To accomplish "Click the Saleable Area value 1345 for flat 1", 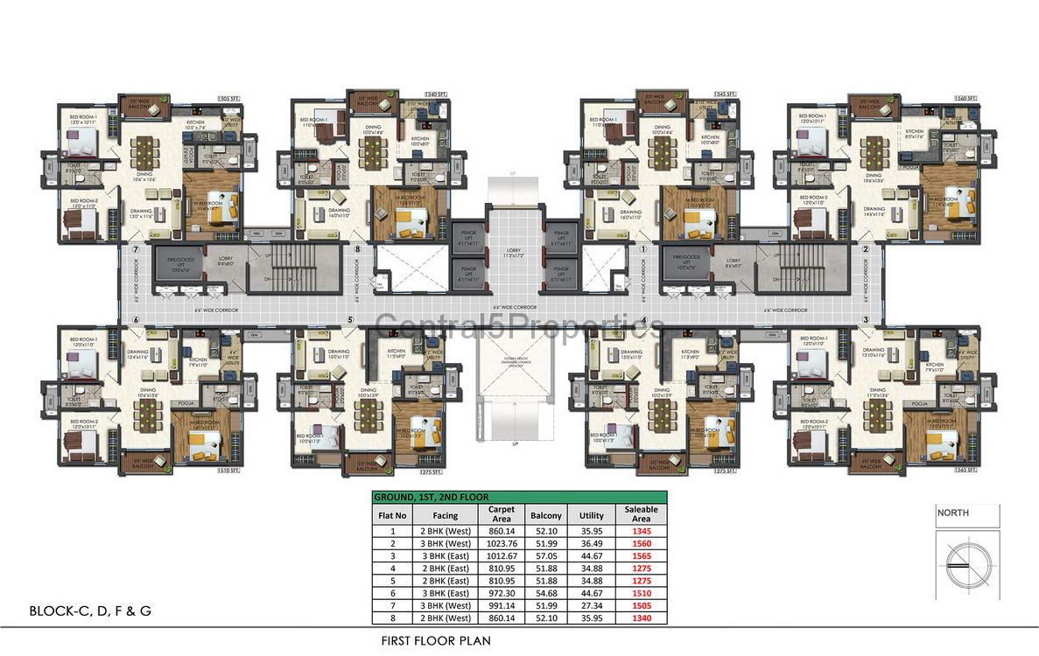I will (642, 530).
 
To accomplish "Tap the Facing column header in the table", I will (445, 515).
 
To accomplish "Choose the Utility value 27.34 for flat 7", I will (592, 604).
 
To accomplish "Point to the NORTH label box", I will (966, 515).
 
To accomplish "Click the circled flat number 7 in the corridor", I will (136, 249).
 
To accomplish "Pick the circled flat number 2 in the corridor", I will (865, 249).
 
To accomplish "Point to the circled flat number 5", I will (350, 320).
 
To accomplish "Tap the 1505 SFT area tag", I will (228, 100).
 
